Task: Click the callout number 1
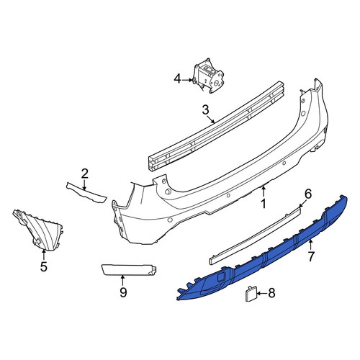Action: point(264,204)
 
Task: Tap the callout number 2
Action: point(84,174)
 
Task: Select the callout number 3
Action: point(206,111)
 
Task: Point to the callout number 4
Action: point(177,79)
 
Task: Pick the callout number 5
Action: point(43,266)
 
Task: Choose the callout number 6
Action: point(308,194)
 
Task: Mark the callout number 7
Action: point(311,257)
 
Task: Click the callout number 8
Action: point(271,293)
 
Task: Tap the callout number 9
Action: point(123,292)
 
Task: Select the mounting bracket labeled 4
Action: point(208,76)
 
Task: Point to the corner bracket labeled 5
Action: point(38,230)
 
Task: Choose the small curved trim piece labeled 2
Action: point(86,193)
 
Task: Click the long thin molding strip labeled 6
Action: point(255,235)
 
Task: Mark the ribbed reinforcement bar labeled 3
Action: point(217,126)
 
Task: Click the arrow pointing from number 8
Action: point(261,293)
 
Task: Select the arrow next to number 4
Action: point(187,80)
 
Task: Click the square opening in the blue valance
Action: point(221,277)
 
